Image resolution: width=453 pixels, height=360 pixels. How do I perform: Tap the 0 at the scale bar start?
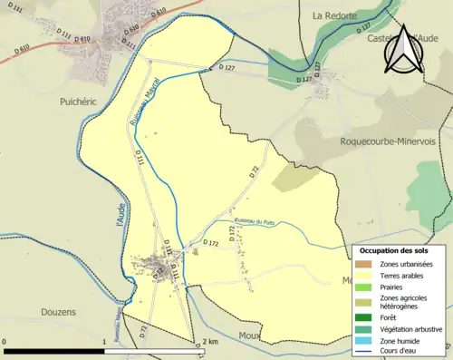click(6, 342)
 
